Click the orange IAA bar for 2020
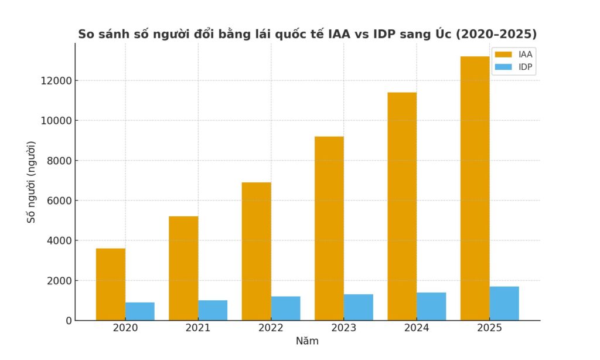tap(111, 284)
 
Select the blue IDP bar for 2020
tap(140, 311)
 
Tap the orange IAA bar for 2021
tap(183, 268)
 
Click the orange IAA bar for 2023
tap(329, 228)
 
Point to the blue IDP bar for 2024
tap(431, 306)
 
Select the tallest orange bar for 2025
tap(475, 188)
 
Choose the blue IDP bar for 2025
tap(504, 303)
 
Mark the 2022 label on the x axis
tap(271, 328)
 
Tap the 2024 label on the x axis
tap(417, 328)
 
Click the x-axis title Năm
tap(307, 341)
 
